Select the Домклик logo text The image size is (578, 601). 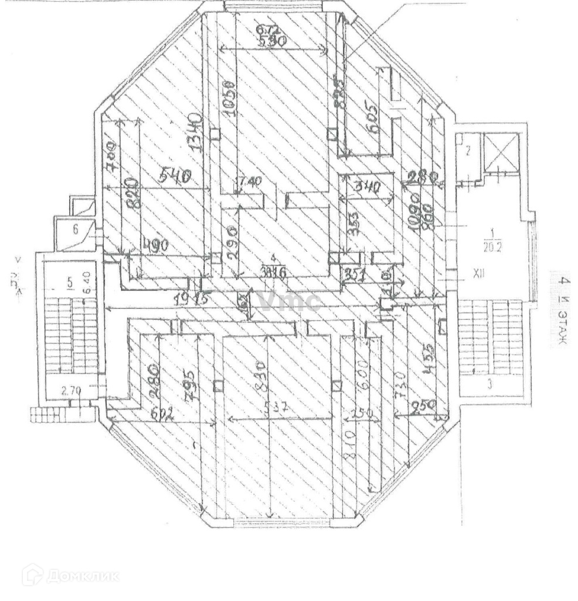click(71, 575)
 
